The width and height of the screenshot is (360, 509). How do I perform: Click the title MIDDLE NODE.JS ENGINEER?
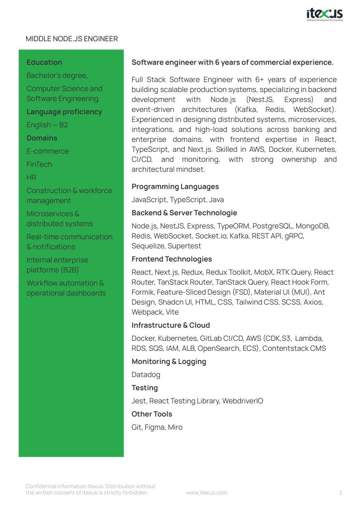click(x=72, y=39)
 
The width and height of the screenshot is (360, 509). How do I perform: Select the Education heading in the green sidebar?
click(x=44, y=63)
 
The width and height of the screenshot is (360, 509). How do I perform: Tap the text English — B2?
click(x=47, y=125)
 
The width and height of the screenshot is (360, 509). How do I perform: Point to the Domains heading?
click(x=42, y=138)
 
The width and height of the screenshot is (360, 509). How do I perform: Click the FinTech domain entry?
click(x=39, y=165)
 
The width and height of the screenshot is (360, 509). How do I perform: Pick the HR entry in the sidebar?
click(x=31, y=178)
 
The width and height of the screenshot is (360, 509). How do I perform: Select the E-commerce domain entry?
click(x=48, y=151)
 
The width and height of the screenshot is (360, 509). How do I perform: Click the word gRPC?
click(x=294, y=236)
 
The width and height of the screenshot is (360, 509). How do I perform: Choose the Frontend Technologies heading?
click(x=172, y=259)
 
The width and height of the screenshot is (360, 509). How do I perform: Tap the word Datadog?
click(x=146, y=375)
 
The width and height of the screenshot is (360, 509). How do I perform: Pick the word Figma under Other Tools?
click(x=154, y=427)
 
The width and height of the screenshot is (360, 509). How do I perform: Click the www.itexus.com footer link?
click(x=206, y=493)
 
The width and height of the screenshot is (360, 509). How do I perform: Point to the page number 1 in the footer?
click(x=341, y=493)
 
